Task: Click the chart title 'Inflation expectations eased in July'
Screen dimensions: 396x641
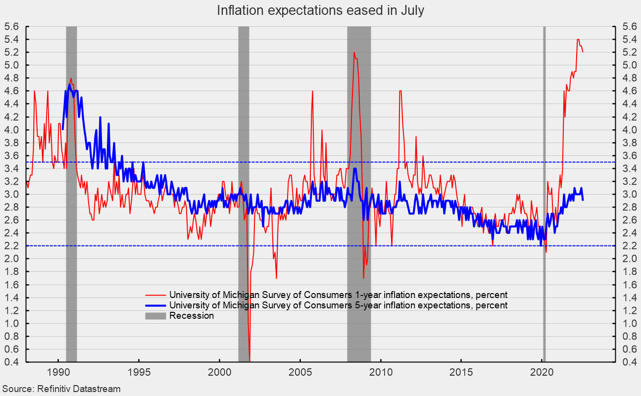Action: [x=320, y=10]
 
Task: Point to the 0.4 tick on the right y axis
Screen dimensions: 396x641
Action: [x=621, y=362]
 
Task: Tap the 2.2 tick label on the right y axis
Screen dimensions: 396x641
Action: [x=621, y=246]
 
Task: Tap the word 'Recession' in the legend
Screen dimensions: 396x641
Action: [x=192, y=316]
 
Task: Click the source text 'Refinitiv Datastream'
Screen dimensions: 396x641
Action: [x=79, y=389]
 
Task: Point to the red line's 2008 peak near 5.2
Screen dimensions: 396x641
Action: [x=354, y=52]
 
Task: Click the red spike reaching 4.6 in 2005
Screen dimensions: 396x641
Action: [x=312, y=91]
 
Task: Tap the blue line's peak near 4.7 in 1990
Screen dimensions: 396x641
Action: [x=69, y=85]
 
